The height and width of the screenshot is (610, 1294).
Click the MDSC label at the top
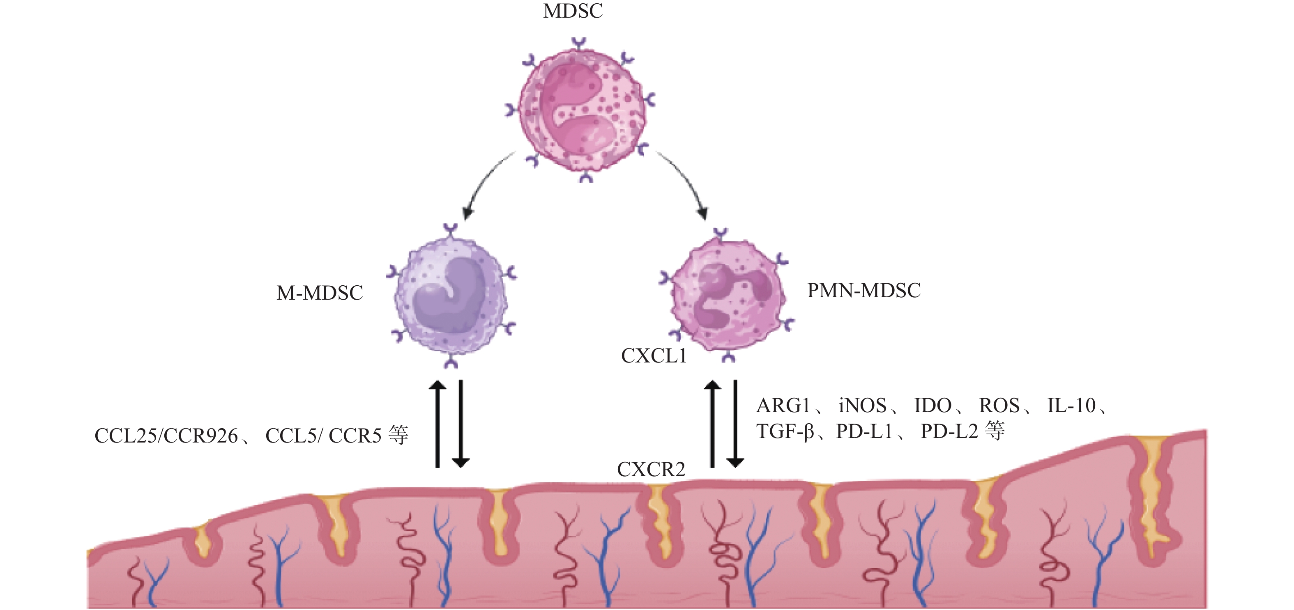573,11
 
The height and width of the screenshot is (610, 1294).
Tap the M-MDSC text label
320,293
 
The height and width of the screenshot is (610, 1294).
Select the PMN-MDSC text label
863,291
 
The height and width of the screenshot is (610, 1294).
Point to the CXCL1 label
654,356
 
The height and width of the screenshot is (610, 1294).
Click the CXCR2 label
651,470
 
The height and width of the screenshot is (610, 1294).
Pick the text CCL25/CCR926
166,436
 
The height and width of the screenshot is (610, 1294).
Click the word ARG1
783,406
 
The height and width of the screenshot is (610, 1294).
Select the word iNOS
862,406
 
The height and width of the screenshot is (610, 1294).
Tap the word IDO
933,406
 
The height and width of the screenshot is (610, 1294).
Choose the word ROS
999,406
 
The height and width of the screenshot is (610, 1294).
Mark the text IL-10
1071,406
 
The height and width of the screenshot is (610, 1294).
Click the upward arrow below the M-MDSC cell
437,424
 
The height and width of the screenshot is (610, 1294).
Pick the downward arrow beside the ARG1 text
735,424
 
